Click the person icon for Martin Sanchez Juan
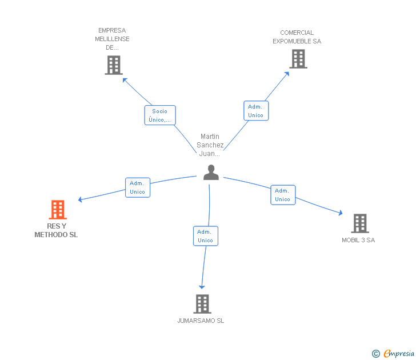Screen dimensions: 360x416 coord(211,173)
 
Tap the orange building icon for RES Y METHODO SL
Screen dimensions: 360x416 coord(58,210)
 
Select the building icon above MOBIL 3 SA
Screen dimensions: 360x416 coord(359,223)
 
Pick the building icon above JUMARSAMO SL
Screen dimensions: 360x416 coord(202,303)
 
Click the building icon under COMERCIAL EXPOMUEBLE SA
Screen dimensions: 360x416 coord(298,59)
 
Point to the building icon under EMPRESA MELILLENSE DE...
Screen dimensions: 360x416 coord(114,65)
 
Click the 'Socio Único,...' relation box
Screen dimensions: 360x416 coord(159,115)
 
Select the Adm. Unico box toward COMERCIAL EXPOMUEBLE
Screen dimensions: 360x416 coord(255,111)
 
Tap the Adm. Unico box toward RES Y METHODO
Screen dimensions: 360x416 coord(137,187)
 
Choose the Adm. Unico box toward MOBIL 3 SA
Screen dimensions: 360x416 coord(282,195)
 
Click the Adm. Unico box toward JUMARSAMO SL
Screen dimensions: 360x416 coord(205,236)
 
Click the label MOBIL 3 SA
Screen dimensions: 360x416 coord(358,240)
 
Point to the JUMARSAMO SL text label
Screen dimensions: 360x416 coord(201,321)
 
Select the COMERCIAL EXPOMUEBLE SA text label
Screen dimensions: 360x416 coord(297,37)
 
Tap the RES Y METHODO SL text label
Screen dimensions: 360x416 coord(56,230)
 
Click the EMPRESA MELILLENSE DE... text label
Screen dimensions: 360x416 coord(112,39)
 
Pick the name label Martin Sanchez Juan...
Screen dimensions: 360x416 coord(210,145)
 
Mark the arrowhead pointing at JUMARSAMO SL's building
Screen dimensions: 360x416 coord(201,286)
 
